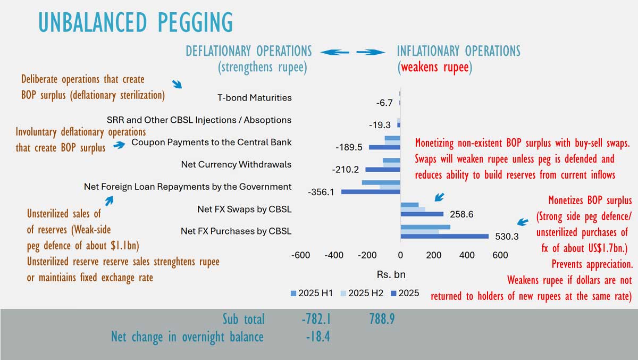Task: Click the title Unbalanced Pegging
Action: (x=136, y=22)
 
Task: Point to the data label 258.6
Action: (x=461, y=214)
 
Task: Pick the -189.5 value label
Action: (x=350, y=147)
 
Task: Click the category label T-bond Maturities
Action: (x=254, y=98)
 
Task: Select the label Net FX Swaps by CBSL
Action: (x=244, y=209)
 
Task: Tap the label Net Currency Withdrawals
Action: (x=236, y=164)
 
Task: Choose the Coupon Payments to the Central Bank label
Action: (x=211, y=142)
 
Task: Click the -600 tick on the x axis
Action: (x=300, y=255)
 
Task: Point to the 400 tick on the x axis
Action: (x=467, y=255)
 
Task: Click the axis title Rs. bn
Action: (x=391, y=275)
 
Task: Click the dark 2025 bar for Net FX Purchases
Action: (x=444, y=236)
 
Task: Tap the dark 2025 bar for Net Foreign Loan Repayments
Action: (x=371, y=191)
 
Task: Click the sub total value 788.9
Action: (x=382, y=319)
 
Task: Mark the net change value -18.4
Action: (x=316, y=337)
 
